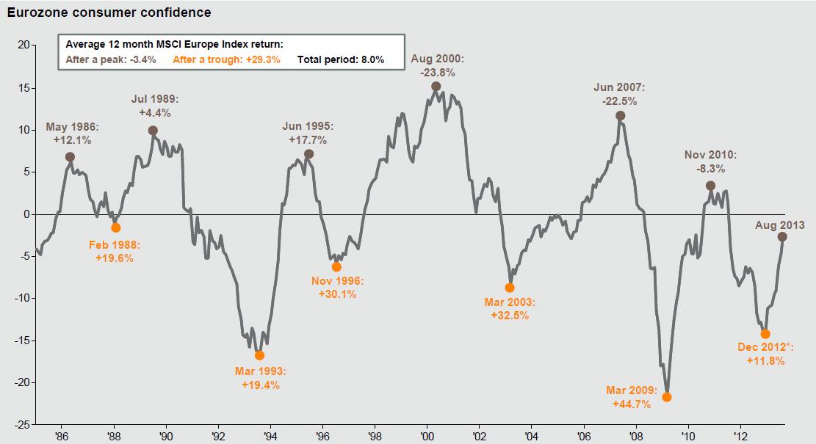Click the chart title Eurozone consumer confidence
point(109,12)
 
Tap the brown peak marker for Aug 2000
point(436,87)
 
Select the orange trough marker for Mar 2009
point(667,397)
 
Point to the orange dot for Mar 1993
point(259,355)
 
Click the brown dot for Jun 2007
point(621,116)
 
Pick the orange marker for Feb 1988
point(115,228)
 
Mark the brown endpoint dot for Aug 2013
point(782,237)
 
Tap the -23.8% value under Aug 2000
point(438,73)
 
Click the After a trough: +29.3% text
point(226,59)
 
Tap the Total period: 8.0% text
point(341,59)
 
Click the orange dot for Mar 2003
point(510,288)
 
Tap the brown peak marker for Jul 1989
point(153,131)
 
